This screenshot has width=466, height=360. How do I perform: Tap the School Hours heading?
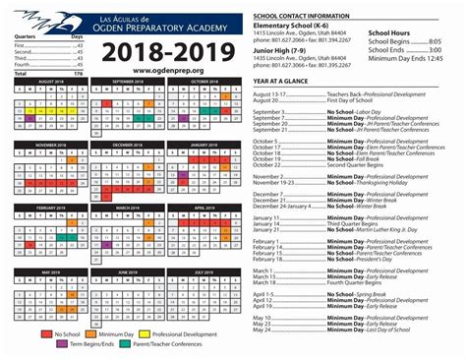(389, 32)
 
